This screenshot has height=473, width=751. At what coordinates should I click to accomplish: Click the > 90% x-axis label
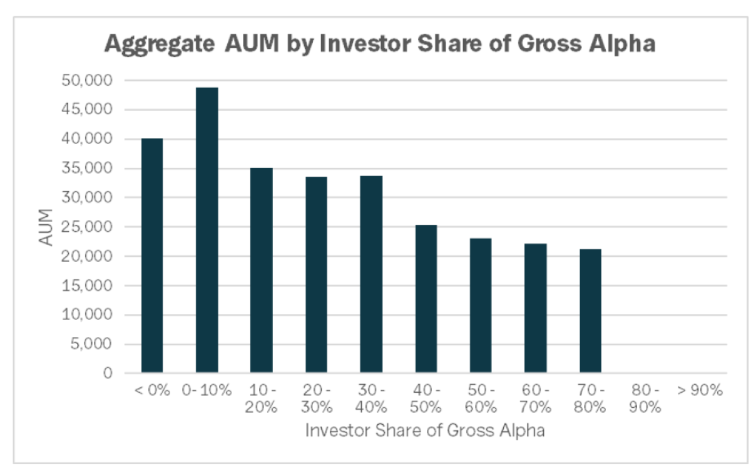pyautogui.click(x=700, y=390)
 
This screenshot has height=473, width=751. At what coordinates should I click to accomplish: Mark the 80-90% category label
pyautogui.click(x=645, y=398)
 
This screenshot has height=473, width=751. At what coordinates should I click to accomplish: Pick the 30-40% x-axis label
pyautogui.click(x=371, y=398)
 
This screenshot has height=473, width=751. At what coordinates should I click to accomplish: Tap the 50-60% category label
pyautogui.click(x=481, y=398)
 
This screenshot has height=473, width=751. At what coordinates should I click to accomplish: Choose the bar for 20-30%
pyautogui.click(x=317, y=275)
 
